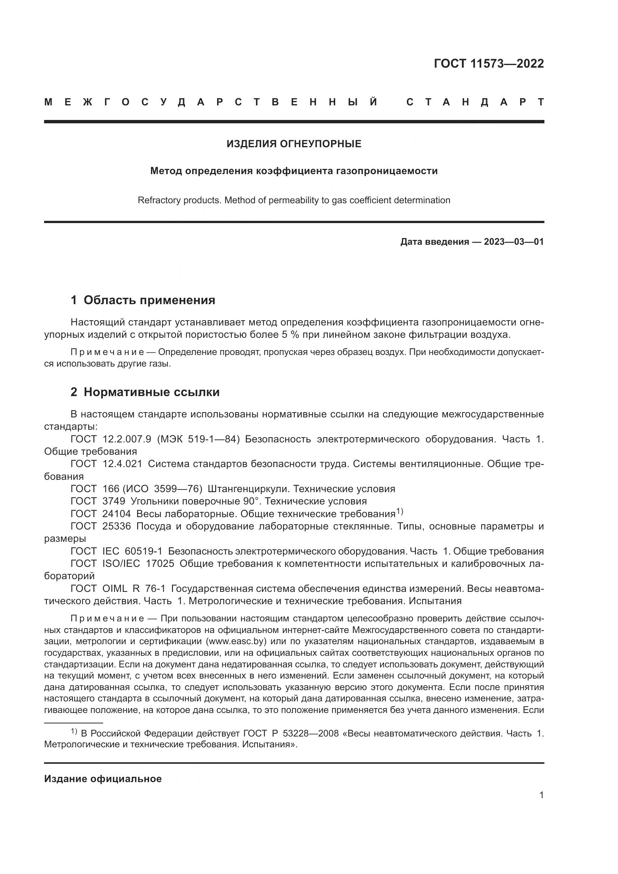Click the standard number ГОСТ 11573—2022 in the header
[489, 64]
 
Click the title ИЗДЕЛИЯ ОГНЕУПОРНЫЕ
[294, 144]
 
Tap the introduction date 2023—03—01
[514, 242]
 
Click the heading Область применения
[149, 300]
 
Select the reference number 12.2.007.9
[127, 439]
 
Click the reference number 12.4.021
[122, 464]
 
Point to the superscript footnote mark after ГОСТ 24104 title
[399, 512]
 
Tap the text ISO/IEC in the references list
[121, 564]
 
